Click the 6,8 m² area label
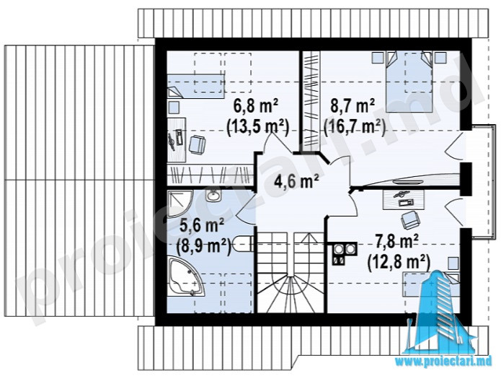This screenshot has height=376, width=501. (x=256, y=106)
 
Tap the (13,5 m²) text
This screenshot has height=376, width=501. (x=257, y=128)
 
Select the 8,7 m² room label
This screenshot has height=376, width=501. (x=353, y=106)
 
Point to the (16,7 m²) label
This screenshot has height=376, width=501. (x=355, y=127)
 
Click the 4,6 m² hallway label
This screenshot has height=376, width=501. (x=296, y=181)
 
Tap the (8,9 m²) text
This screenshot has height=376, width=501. (x=204, y=246)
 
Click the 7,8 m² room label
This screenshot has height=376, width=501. (x=397, y=242)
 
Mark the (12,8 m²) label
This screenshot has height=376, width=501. (x=399, y=263)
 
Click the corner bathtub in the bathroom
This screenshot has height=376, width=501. (x=185, y=277)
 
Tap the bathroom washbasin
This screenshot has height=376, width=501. (x=213, y=195)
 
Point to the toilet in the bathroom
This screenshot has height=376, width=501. (x=244, y=243)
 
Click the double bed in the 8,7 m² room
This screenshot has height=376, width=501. (x=409, y=82)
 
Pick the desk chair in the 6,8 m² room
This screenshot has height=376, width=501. (x=197, y=144)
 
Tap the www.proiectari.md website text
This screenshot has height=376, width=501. (x=446, y=362)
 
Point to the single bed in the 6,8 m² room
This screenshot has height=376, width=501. (x=195, y=86)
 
